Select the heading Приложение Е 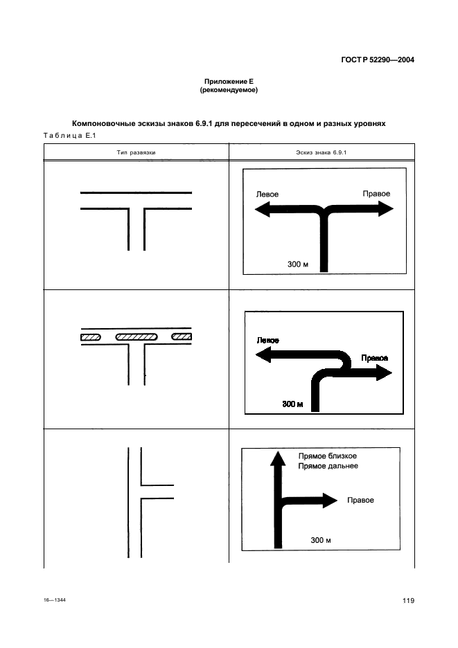[x=229, y=82]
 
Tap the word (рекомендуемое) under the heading [x=229, y=90]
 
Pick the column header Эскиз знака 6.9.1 [x=321, y=151]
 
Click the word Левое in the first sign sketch [x=267, y=195]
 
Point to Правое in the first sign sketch [x=376, y=193]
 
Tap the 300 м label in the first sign [x=297, y=264]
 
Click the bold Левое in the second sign [x=268, y=341]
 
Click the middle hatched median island [x=136, y=337]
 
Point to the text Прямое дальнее [x=328, y=467]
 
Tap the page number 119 [x=407, y=600]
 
